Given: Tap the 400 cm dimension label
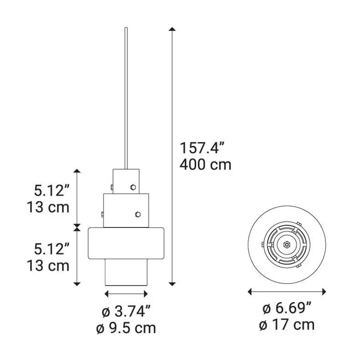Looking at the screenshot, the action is pyautogui.click(x=206, y=165).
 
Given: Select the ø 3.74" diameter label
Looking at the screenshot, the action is pyautogui.click(x=126, y=311).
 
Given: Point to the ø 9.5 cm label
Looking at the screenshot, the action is pyautogui.click(x=126, y=328).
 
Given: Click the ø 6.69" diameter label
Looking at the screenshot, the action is pyautogui.click(x=287, y=308).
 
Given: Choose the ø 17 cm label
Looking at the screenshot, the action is pyautogui.click(x=287, y=324).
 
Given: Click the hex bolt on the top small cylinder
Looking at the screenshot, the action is pyautogui.click(x=133, y=187).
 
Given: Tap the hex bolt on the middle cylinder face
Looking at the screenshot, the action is pyautogui.click(x=138, y=214).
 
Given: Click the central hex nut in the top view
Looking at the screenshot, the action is pyautogui.click(x=287, y=244).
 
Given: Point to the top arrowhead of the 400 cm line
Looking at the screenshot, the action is pyautogui.click(x=172, y=29).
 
